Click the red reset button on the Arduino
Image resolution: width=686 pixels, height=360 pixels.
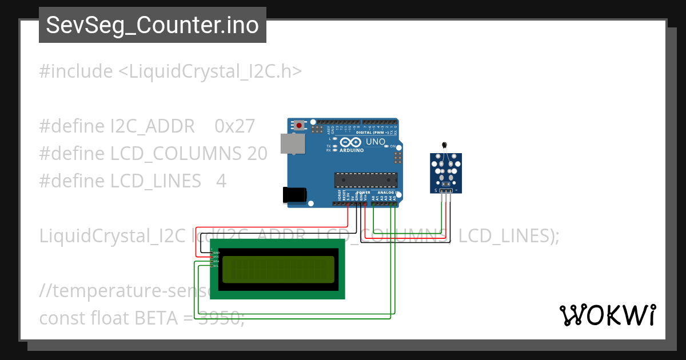click(299, 125)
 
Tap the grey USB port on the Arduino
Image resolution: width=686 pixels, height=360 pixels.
click(291, 143)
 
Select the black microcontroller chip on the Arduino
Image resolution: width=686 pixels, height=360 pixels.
click(366, 180)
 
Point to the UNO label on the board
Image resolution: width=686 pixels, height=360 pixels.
click(376, 142)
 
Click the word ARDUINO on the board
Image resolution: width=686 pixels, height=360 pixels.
click(352, 150)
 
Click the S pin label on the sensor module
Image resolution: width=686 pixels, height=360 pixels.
click(436, 190)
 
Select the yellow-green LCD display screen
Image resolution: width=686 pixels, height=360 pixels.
click(278, 269)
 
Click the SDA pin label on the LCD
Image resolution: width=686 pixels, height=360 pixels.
click(216, 262)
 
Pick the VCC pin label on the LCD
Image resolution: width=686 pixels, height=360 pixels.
click(216, 257)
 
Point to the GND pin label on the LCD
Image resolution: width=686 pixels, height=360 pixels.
click(216, 253)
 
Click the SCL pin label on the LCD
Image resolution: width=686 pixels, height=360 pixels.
click(216, 266)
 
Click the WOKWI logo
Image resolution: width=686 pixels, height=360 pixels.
click(607, 315)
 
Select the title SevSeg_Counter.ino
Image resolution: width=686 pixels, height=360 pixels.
click(152, 25)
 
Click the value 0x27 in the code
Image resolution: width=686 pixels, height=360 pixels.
click(234, 126)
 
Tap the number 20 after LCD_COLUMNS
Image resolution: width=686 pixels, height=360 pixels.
click(257, 154)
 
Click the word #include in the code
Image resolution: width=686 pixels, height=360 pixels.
click(76, 72)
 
